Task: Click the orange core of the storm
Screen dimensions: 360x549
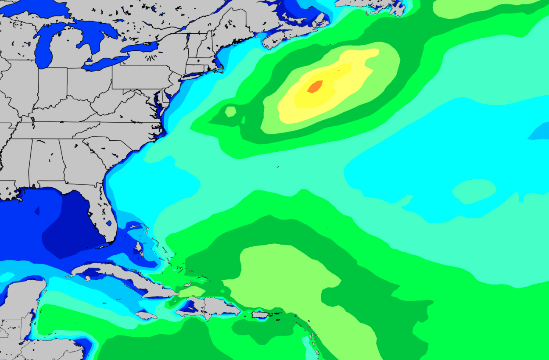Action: click(x=315, y=86)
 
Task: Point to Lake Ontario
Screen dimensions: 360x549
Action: click(x=139, y=47)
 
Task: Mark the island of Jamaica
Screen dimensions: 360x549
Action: click(x=146, y=315)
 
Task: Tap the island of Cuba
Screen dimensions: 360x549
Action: click(x=118, y=278)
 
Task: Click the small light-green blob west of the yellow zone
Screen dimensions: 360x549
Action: click(x=230, y=111)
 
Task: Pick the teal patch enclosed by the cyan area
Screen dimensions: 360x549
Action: click(x=474, y=191)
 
